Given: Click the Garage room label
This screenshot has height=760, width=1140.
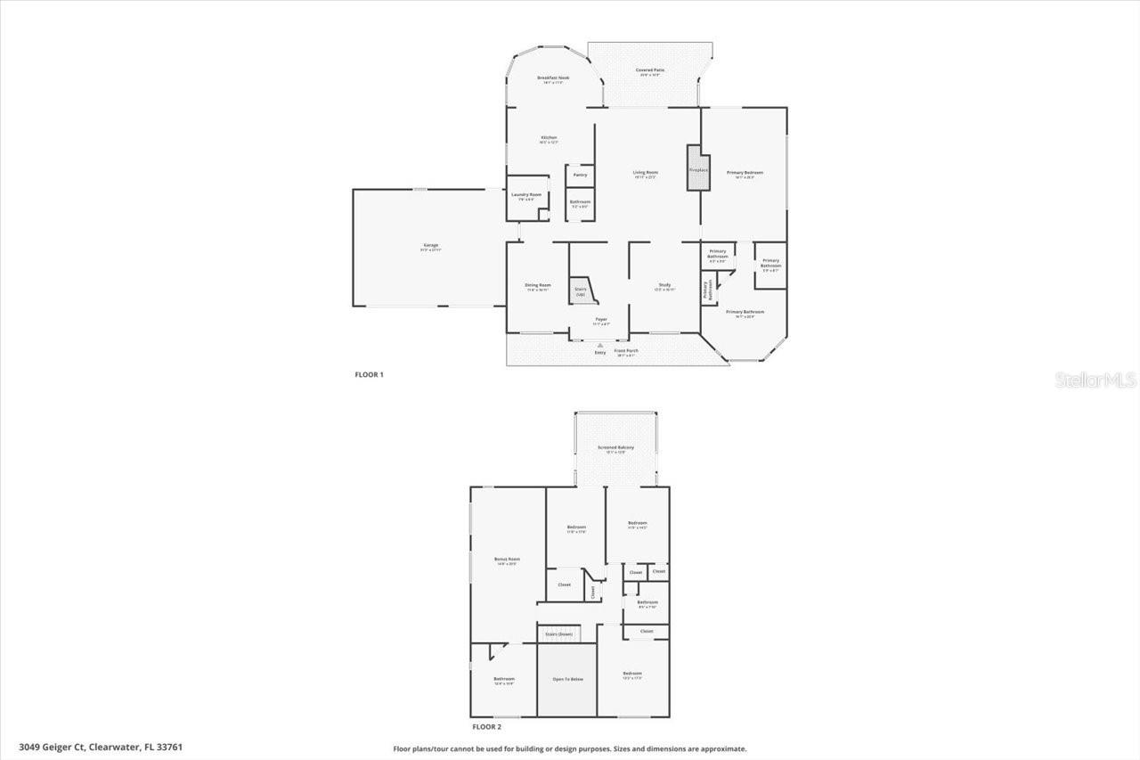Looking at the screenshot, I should [x=430, y=246].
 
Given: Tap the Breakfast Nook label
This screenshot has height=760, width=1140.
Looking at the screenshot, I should [x=553, y=79].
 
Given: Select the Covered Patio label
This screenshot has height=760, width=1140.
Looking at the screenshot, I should [x=650, y=70].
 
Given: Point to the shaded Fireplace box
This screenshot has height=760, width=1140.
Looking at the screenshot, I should [x=698, y=168].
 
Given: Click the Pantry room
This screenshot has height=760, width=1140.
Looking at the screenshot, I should [x=580, y=176].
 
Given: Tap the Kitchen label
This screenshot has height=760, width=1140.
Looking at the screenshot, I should [x=549, y=138].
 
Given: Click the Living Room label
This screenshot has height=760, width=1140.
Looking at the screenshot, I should [x=646, y=173].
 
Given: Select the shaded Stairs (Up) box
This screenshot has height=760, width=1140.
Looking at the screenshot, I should [x=582, y=290].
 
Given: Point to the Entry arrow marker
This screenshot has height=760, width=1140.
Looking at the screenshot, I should [x=600, y=345].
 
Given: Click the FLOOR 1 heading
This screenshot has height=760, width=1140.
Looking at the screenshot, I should [x=369, y=374].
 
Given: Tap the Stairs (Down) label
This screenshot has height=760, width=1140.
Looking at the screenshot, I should [x=559, y=633].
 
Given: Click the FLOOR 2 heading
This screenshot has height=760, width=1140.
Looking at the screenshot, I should [x=485, y=727].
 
